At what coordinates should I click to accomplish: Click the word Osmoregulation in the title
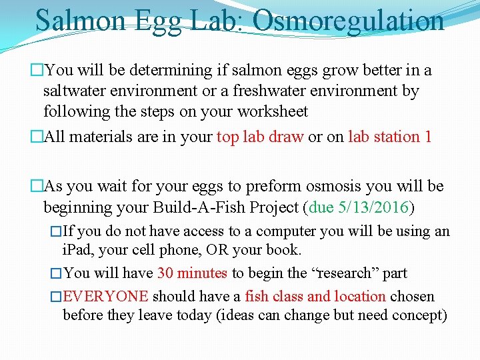[x=349, y=21]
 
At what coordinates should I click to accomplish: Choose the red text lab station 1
[x=390, y=137]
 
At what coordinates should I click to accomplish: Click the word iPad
[x=76, y=251]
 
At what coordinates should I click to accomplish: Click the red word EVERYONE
[x=105, y=296]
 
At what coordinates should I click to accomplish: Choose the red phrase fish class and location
[x=315, y=296]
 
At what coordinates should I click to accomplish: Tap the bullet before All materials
[x=37, y=137]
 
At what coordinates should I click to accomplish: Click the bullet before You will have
[x=56, y=273]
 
